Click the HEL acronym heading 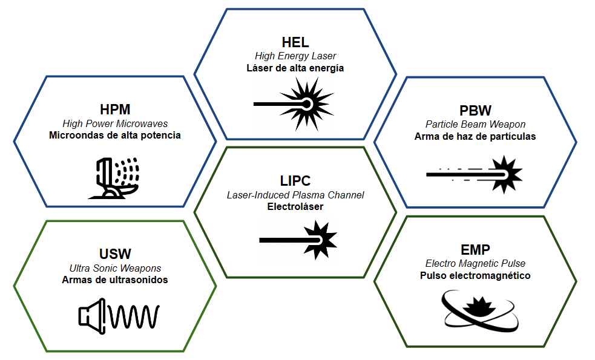295,42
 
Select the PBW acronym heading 475,111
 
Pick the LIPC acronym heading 295,181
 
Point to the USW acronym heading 115,254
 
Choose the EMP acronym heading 475,250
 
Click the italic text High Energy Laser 295,56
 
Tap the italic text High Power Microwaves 115,123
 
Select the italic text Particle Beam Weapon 475,125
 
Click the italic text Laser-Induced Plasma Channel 295,195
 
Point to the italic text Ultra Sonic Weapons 115,268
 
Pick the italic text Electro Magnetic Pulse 475,264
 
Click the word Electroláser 295,207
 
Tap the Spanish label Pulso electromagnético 475,276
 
